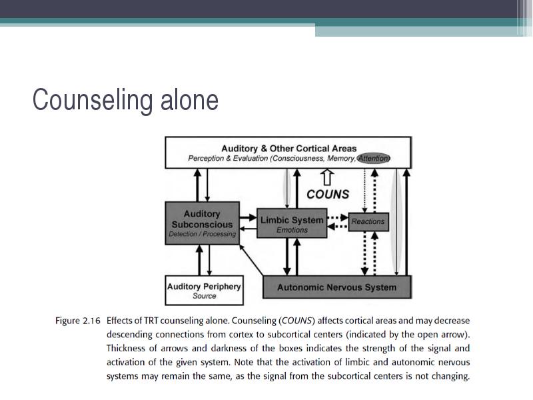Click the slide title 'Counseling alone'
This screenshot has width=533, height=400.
tap(125, 99)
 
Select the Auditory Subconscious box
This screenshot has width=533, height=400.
tap(203, 223)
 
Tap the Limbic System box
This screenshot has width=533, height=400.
tap(292, 223)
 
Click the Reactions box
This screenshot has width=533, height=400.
tap(368, 222)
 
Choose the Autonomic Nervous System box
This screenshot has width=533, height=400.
tap(337, 287)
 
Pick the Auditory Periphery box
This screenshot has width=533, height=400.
tap(205, 290)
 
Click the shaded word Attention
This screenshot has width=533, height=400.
tap(374, 158)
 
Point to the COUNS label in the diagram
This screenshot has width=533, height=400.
tap(328, 194)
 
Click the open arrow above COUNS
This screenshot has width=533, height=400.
tap(327, 177)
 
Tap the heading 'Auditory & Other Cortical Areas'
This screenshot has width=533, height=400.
tap(289, 148)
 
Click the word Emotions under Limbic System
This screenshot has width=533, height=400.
tap(292, 230)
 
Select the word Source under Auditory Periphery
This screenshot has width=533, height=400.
tap(205, 296)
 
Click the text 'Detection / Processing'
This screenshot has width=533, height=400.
tap(203, 234)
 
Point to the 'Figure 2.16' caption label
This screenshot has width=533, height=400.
tap(78, 321)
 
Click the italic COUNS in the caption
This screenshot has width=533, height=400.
tap(296, 321)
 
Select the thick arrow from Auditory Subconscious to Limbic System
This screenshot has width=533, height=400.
tap(248, 217)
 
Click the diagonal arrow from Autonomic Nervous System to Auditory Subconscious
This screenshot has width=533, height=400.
tap(252, 260)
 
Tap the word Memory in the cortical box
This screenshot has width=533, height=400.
tap(341, 158)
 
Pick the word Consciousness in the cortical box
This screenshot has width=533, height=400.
tap(298, 158)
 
